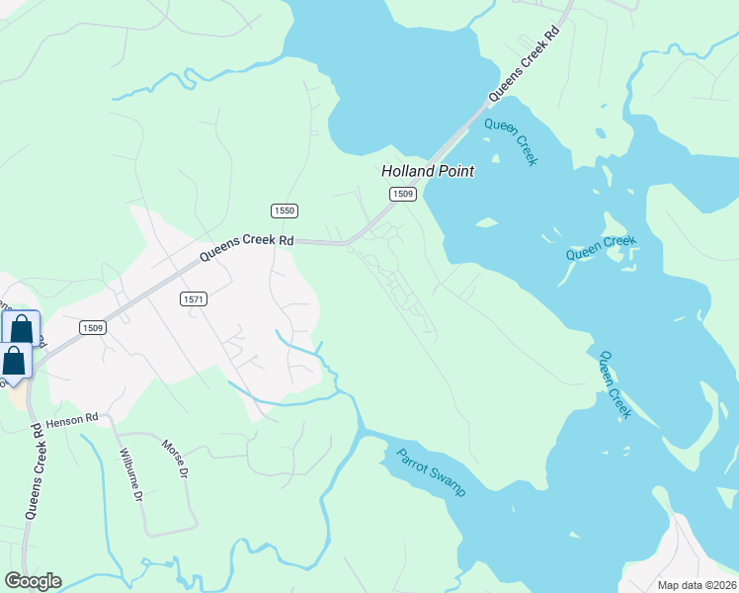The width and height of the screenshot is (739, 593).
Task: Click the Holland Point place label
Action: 428,171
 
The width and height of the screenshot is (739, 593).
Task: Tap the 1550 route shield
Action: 285,211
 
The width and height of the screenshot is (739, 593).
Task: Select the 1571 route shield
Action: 194,298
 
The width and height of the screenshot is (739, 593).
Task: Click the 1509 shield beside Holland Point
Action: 401,194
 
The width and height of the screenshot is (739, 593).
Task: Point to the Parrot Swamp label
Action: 431,472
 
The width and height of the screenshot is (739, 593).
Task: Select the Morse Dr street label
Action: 174,459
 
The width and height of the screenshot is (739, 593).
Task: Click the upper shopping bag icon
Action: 21,329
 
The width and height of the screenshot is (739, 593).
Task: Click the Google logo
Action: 32,581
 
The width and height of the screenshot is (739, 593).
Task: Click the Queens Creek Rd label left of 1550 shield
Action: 247,246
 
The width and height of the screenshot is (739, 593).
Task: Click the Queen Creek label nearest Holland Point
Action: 511,141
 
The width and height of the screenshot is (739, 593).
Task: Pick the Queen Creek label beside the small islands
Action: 601,247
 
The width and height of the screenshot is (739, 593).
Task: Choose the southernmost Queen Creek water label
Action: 615,384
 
